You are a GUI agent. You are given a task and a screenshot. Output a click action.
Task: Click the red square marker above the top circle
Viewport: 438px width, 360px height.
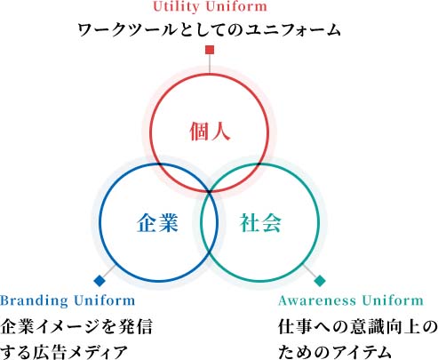(x=210, y=50)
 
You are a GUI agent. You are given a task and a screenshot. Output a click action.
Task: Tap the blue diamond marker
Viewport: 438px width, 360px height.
(x=100, y=281)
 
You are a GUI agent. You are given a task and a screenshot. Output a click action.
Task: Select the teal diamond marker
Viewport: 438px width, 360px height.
(x=320, y=281)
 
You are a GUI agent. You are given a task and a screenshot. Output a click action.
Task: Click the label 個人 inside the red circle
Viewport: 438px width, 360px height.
(x=210, y=132)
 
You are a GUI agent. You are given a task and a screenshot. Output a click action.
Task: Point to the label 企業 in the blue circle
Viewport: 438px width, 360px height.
(x=157, y=222)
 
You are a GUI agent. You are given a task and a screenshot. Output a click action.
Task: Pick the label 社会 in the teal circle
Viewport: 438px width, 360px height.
(x=260, y=222)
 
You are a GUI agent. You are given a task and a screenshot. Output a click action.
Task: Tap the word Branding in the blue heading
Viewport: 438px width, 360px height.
(x=35, y=300)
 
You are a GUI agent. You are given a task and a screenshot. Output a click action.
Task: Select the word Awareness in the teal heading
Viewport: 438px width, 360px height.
(x=317, y=300)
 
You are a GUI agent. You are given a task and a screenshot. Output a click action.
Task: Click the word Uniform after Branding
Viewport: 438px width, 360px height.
(x=105, y=300)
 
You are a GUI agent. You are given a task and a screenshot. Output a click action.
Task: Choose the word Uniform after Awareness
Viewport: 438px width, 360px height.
(x=393, y=300)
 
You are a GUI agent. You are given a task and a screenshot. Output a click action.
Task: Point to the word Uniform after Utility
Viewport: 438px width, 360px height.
(x=236, y=6)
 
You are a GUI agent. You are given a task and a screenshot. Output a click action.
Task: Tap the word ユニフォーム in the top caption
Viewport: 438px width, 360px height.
(x=294, y=30)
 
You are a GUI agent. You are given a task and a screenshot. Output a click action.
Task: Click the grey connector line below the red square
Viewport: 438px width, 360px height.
(x=210, y=63)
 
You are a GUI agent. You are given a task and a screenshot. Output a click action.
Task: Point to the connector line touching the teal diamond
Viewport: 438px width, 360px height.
(x=309, y=270)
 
